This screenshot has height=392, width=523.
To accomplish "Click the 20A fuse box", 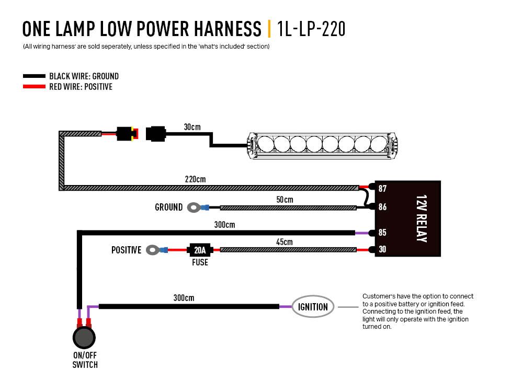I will pyautogui.click(x=199, y=250).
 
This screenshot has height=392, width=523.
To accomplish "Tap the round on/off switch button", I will pyautogui.click(x=84, y=338).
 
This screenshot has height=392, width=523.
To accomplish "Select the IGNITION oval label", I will pyautogui.click(x=313, y=307).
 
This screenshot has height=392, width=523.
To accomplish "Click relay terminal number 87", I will pyautogui.click(x=382, y=188).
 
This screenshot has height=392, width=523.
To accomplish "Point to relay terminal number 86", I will pyautogui.click(x=382, y=207).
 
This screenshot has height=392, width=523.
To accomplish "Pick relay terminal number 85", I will pyautogui.click(x=382, y=233).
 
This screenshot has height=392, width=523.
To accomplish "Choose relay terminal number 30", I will pyautogui.click(x=382, y=250).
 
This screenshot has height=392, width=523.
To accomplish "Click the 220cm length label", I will pyautogui.click(x=195, y=179).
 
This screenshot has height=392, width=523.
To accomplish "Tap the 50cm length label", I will pyautogui.click(x=285, y=200).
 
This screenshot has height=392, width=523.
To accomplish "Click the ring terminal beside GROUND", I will pyautogui.click(x=194, y=208).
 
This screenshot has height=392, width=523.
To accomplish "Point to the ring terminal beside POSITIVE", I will pyautogui.click(x=153, y=250).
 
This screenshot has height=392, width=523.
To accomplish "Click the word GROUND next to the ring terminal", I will pyautogui.click(x=168, y=207).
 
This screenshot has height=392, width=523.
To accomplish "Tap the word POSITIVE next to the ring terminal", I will pyautogui.click(x=126, y=250).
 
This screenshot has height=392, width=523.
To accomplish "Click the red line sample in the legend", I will pyautogui.click(x=35, y=87).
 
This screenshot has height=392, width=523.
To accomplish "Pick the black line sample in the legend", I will pyautogui.click(x=35, y=76).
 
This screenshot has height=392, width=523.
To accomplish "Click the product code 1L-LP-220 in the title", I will pyautogui.click(x=311, y=29).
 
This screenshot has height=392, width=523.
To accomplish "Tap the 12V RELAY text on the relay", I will pyautogui.click(x=421, y=218).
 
